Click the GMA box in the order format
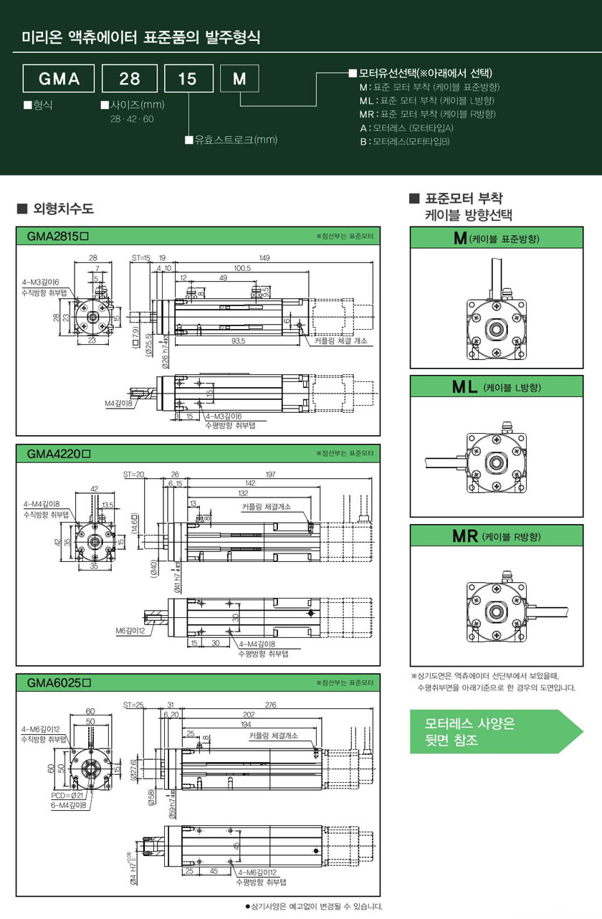pyautogui.click(x=59, y=79)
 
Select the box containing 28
pyautogui.click(x=130, y=79)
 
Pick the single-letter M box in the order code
pyautogui.click(x=239, y=79)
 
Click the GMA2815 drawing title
pyautogui.click(x=57, y=236)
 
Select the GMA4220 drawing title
pyautogui.click(x=57, y=454)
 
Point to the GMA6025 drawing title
pyautogui.click(x=57, y=682)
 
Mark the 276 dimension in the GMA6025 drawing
pyautogui.click(x=270, y=705)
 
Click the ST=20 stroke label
pyautogui.click(x=133, y=474)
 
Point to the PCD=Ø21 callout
pyautogui.click(x=69, y=795)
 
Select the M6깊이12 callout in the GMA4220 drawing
pyautogui.click(x=131, y=630)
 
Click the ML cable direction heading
pyautogui.click(x=497, y=387)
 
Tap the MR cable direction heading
pyautogui.click(x=497, y=535)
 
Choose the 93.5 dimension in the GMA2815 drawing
pyautogui.click(x=238, y=341)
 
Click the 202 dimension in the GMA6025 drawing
pyautogui.click(x=249, y=714)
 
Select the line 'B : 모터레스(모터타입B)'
pyautogui.click(x=405, y=141)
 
